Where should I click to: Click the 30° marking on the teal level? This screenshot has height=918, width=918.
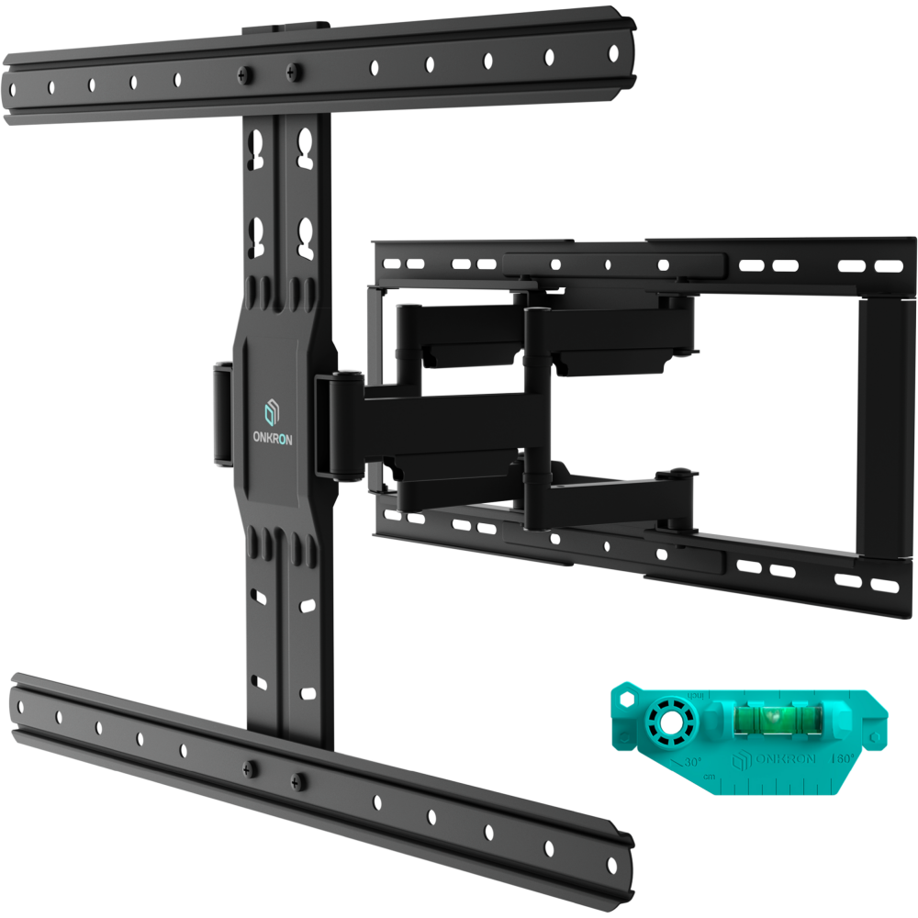690,762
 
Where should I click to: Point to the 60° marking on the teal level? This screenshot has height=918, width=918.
842,758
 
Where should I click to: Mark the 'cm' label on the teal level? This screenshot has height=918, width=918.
709,777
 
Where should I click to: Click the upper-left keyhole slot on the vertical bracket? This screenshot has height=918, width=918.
258,147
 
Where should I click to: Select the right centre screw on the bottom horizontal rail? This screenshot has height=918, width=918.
295,780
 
